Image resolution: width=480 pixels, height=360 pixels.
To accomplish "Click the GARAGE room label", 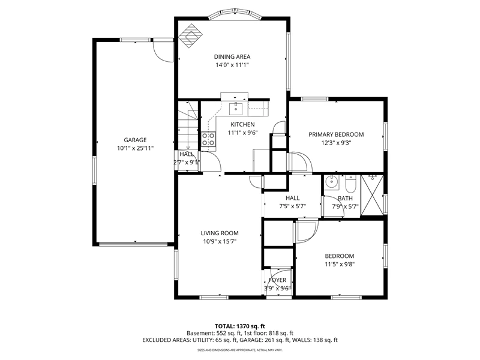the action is (x=135, y=140).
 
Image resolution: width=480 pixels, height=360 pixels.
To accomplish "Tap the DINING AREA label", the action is (x=232, y=56).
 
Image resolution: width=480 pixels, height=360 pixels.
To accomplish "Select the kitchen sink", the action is (x=236, y=109).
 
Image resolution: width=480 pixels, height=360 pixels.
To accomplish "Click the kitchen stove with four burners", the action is (x=208, y=139).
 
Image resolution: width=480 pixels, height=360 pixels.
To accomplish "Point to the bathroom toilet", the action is (x=350, y=183).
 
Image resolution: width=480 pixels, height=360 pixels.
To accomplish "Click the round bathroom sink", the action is (x=332, y=182).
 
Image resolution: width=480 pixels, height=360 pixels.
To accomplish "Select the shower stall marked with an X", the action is (x=372, y=195).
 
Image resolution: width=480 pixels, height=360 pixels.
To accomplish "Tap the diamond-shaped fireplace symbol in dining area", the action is (x=191, y=36).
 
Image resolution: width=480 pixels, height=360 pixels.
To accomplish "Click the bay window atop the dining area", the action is (x=235, y=16).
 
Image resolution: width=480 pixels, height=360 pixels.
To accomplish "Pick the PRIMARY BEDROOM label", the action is (x=336, y=134).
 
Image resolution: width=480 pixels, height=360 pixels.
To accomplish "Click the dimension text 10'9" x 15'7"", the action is (x=220, y=242).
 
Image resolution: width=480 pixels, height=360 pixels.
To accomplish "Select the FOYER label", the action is (x=277, y=280).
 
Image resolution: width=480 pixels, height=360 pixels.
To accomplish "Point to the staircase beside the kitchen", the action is (x=188, y=125).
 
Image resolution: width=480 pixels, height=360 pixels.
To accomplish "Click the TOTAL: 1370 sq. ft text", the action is (x=239, y=326).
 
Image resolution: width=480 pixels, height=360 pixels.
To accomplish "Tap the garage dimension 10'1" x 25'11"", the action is (x=135, y=148).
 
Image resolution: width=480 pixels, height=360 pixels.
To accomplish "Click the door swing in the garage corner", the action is (x=163, y=50).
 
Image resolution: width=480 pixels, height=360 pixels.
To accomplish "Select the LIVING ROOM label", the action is (x=220, y=233).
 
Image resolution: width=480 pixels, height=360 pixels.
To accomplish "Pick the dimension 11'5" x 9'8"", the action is (x=340, y=264).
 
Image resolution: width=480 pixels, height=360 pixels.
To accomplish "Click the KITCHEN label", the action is (x=242, y=124).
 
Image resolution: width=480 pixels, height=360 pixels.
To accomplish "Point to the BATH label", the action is (x=346, y=199).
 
